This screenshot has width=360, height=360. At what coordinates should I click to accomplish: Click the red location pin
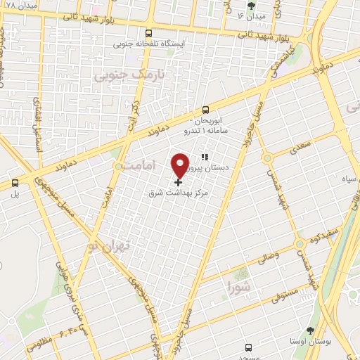(x=180, y=165)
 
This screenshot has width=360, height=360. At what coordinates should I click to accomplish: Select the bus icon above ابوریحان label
(x=206, y=110)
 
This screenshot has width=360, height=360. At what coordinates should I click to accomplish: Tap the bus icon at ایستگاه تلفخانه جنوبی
(x=148, y=32)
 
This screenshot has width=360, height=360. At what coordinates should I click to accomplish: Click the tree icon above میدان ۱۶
(x=271, y=6)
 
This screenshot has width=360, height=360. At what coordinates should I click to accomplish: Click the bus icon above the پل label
(x=15, y=184)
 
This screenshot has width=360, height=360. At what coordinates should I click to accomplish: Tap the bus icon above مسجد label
(x=248, y=347)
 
